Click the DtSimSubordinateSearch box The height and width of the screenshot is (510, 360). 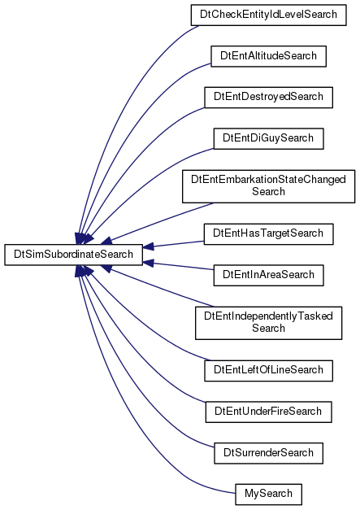[73, 255]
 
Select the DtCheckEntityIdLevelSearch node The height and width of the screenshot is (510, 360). [268, 15]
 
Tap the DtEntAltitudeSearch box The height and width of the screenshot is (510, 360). [268, 56]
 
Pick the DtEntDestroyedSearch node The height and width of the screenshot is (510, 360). [268, 98]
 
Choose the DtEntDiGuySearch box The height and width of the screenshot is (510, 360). [268, 138]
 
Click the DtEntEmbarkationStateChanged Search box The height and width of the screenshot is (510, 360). [268, 186]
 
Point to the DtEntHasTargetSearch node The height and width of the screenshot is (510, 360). [268, 234]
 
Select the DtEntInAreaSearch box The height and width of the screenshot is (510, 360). [268, 275]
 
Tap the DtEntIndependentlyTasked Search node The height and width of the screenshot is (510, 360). [268, 323]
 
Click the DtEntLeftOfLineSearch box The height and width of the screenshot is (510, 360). [268, 370]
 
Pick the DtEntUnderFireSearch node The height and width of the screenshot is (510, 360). [268, 412]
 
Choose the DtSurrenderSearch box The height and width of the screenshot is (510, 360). [268, 453]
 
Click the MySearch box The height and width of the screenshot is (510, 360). [268, 494]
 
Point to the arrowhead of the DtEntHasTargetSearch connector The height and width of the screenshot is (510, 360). [148, 246]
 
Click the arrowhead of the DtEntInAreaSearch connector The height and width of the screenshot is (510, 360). [148, 262]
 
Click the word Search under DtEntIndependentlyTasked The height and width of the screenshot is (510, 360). [268, 328]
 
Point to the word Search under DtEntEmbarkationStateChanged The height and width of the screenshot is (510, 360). [268, 192]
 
